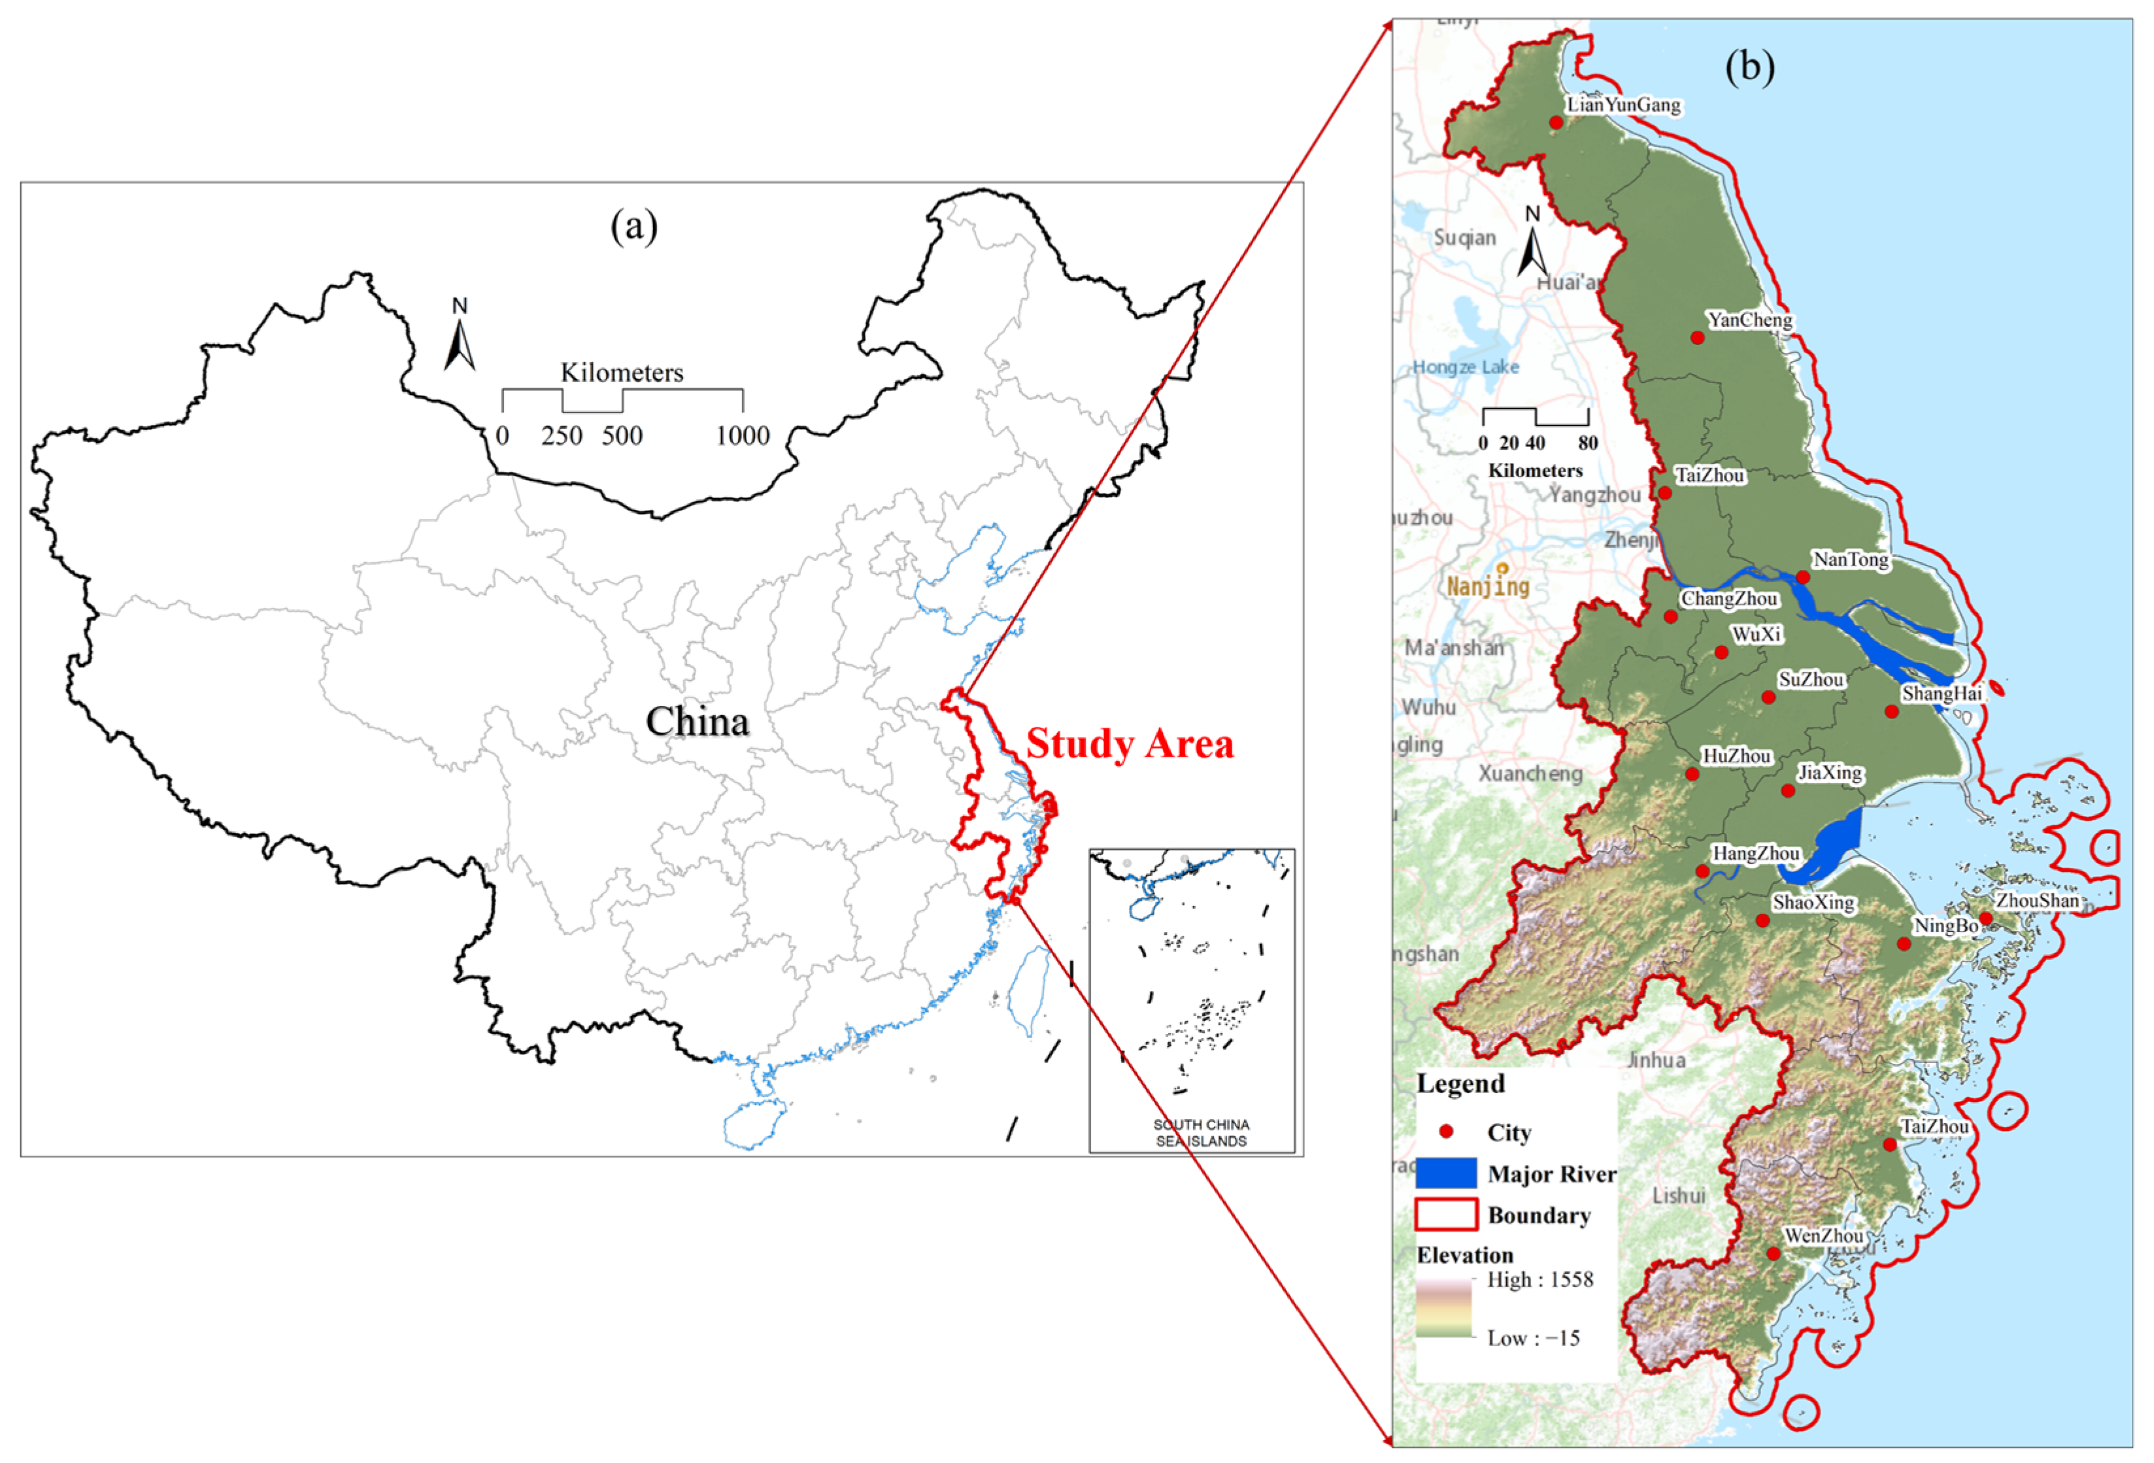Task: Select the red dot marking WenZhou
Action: point(1773,1253)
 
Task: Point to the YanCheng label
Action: point(1750,320)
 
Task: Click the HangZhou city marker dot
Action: point(1703,871)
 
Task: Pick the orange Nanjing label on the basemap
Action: point(1489,585)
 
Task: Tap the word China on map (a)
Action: point(697,721)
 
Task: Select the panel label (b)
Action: point(1750,67)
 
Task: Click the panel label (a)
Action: point(634,226)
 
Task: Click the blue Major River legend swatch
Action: point(1446,1173)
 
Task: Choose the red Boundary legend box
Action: point(1446,1215)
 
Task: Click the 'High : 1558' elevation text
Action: point(1540,1281)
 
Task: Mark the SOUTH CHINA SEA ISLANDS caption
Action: point(1200,1133)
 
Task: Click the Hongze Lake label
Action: point(1466,367)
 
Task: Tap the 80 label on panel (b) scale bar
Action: point(1588,443)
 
